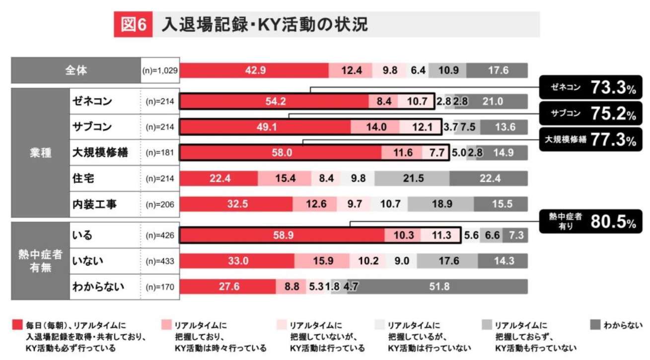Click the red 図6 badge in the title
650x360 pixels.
click(134, 25)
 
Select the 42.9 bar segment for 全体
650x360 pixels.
click(255, 71)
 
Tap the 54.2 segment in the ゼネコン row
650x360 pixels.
click(274, 101)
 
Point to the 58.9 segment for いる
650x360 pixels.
click(282, 235)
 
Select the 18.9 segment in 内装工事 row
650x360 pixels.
click(440, 204)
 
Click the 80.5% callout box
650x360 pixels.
click(591, 222)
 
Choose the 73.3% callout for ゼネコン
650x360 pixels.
click(591, 88)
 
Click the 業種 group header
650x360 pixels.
click(40, 152)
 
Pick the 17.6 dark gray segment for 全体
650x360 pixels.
click(498, 71)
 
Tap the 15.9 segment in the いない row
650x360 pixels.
click(322, 261)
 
